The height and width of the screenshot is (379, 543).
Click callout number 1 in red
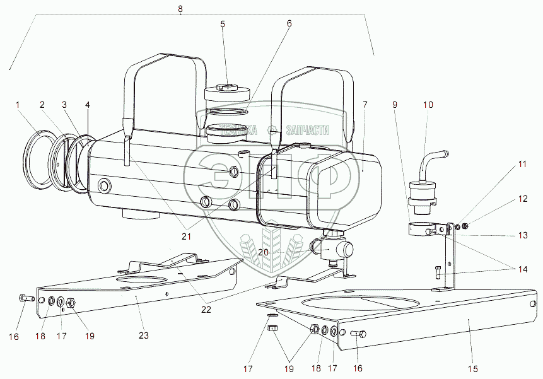[x=18, y=104]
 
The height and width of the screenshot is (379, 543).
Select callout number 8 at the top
[x=180, y=9]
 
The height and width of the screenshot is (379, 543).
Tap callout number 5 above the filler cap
[x=223, y=25]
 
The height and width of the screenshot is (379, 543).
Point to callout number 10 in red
[x=428, y=105]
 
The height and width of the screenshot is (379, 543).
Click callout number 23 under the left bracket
[x=144, y=335]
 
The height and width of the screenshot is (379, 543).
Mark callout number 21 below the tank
[x=185, y=236]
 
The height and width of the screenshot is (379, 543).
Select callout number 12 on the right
[x=523, y=199]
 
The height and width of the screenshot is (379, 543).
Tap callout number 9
[x=394, y=105]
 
